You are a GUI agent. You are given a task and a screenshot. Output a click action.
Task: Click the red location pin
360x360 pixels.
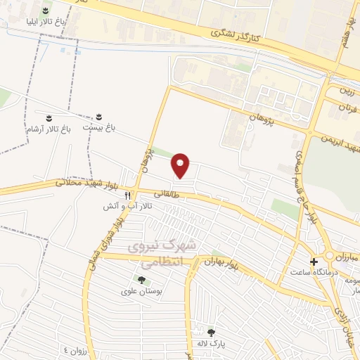tap(181, 165)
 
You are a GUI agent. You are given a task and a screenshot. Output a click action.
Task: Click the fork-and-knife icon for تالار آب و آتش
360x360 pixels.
tap(128, 195)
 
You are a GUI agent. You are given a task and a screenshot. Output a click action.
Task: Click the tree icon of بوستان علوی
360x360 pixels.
tap(141, 281)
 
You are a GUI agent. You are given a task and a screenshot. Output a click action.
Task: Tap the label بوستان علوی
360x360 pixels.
tap(142, 292)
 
